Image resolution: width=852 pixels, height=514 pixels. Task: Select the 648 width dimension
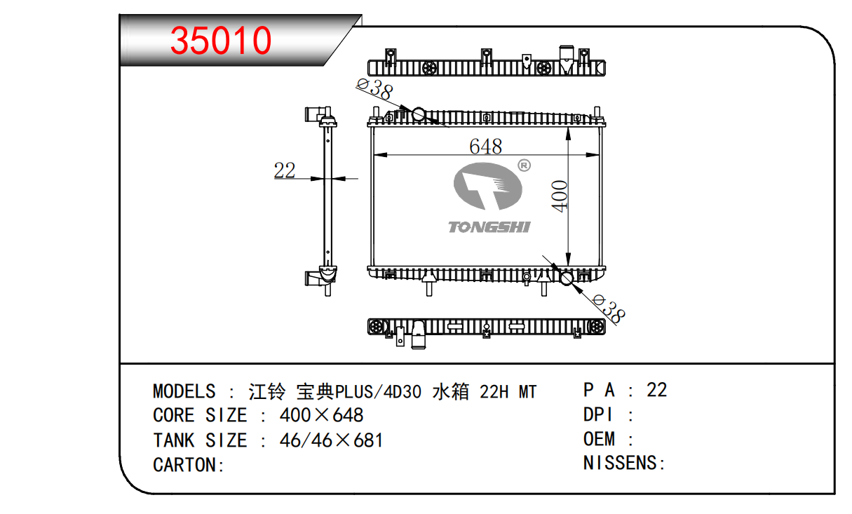coord(485,146)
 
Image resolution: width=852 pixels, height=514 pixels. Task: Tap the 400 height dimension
coord(560,196)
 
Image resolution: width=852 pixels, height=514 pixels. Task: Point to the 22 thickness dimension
coord(285,170)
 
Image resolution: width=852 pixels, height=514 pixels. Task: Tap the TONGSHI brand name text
coord(489,226)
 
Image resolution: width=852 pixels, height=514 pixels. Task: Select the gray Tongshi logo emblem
coord(488,187)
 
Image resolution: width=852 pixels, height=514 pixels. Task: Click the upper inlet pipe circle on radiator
coord(419,114)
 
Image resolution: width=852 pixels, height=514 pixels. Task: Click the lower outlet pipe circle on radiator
coord(566,279)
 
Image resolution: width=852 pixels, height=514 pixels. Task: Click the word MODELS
coord(184,391)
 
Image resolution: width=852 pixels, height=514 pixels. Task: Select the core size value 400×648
coord(321,415)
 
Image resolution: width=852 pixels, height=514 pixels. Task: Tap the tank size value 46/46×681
coord(331,440)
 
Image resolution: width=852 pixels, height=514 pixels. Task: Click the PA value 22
coord(656,389)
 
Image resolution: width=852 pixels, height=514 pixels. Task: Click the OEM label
coord(600,439)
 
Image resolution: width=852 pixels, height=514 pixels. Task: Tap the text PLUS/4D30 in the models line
coord(379,391)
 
